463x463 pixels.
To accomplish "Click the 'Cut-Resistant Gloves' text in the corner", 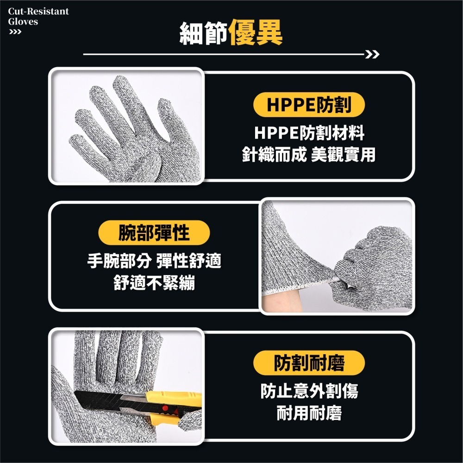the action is pos(38,16).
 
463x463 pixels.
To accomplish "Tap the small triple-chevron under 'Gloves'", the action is pos(15,32).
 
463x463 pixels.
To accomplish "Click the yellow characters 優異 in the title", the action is pos(256,32).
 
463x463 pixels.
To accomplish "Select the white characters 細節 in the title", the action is pos(203,33).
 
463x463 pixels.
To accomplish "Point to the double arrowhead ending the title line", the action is pos(372,54).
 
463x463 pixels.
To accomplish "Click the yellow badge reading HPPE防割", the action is pos(309,105).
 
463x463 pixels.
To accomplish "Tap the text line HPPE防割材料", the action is pos(309,133).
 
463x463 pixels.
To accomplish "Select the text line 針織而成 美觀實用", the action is pos(308,155).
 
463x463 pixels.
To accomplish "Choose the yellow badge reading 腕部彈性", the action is pos(154,233).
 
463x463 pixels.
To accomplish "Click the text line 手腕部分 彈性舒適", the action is pos(154,261).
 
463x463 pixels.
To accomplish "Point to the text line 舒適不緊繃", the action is pos(154,283).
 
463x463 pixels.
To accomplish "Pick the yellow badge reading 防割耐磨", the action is pos(309,363).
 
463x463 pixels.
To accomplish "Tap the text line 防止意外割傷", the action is pos(309,391).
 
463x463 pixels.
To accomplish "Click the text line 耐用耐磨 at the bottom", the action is pos(309,413).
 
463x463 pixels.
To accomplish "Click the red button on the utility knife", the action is pos(165,408).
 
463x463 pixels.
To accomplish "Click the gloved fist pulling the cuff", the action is pos(374,268).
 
